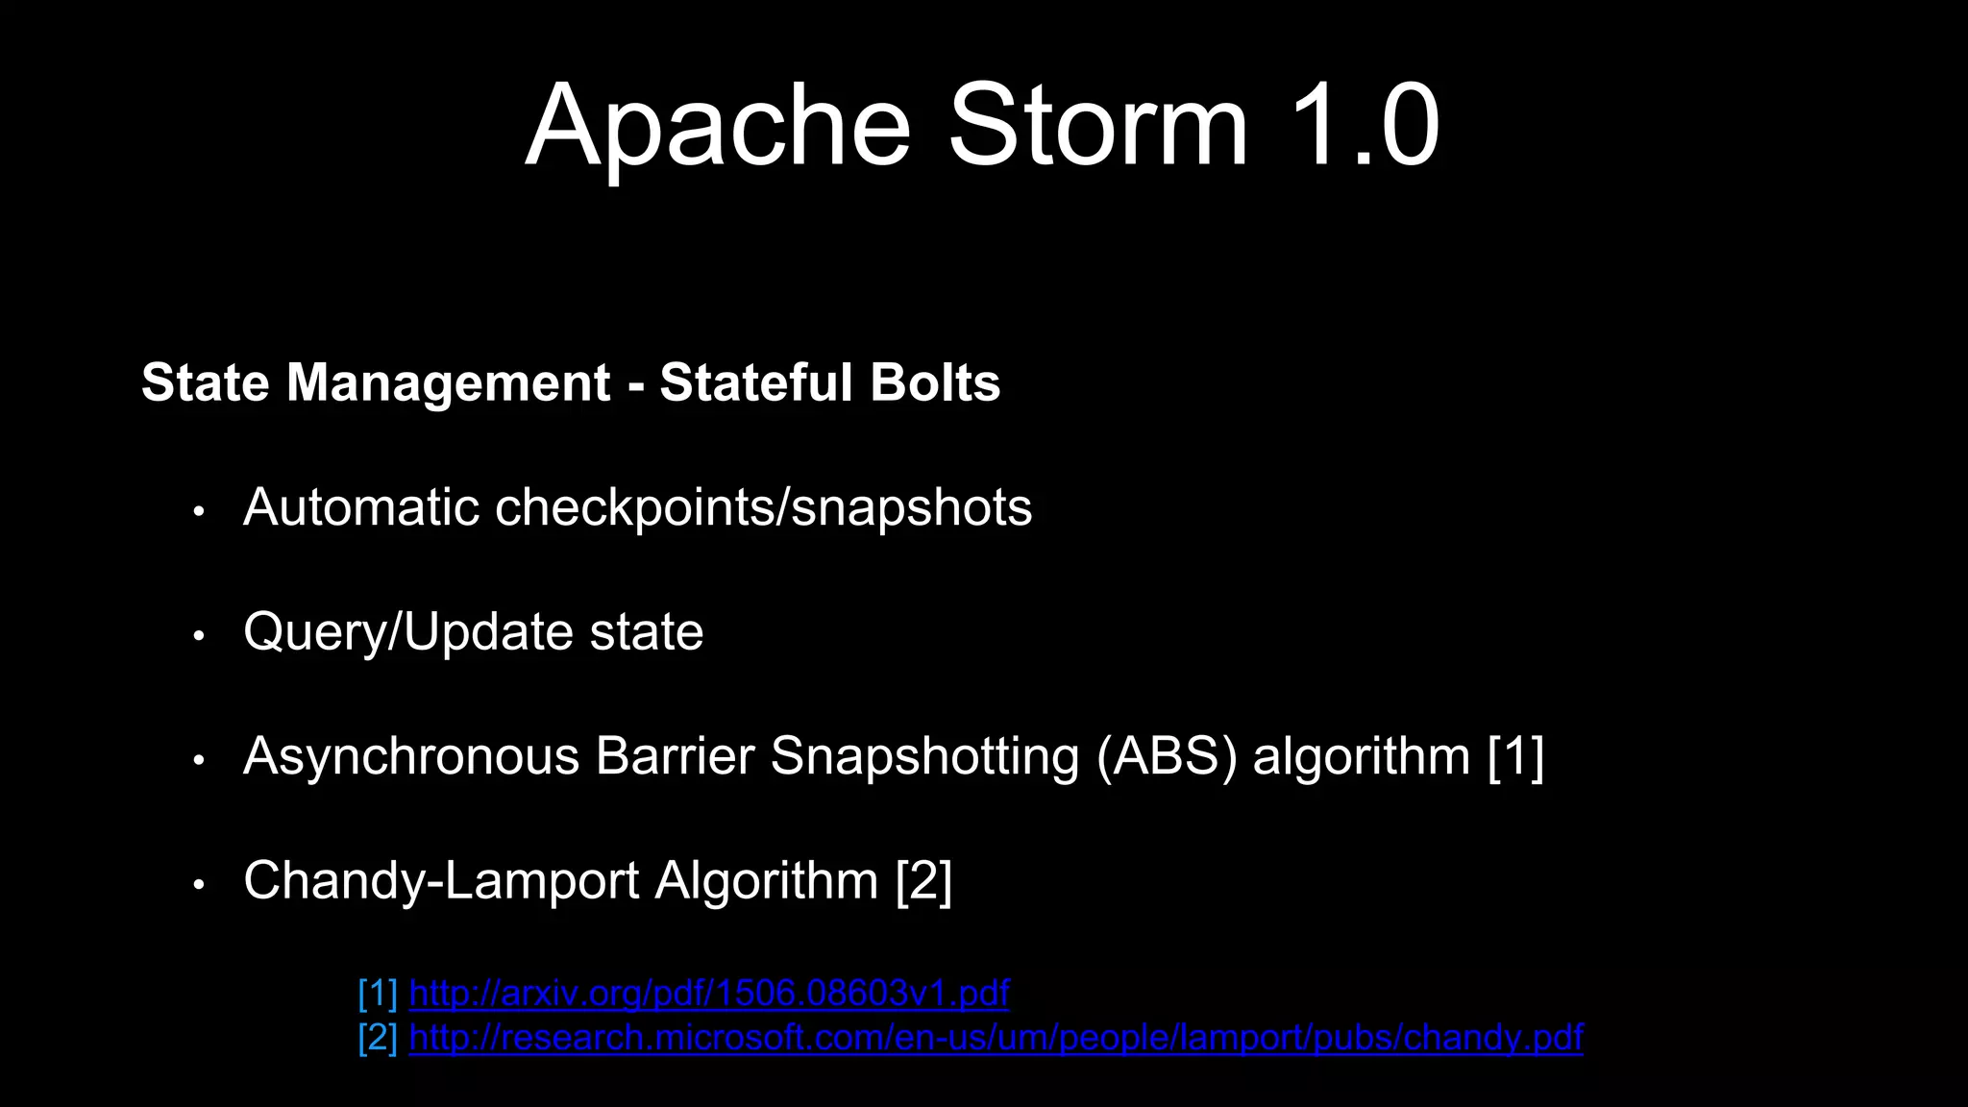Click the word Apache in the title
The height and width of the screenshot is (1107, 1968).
tap(718, 127)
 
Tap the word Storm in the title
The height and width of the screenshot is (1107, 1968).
tap(1097, 127)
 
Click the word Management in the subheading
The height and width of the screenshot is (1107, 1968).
tap(448, 382)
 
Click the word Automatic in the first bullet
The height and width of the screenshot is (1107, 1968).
tap(360, 507)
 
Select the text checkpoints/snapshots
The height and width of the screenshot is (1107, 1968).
tap(763, 509)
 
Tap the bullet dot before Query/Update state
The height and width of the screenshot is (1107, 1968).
tap(199, 636)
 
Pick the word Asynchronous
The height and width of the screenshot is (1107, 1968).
tap(411, 757)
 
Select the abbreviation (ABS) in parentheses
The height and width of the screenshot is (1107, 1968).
tap(1167, 757)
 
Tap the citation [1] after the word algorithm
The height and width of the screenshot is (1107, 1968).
tap(1515, 757)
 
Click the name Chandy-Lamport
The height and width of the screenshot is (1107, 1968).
tap(441, 881)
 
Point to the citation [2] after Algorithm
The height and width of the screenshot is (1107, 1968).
tap(923, 881)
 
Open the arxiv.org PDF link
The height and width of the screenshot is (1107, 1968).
tap(709, 994)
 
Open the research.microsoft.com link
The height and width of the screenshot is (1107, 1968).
tap(996, 1039)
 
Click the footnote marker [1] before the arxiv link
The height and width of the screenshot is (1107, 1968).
tap(378, 994)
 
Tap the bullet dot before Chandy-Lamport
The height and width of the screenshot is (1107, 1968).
tap(199, 885)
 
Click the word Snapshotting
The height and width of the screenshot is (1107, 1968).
tap(924, 757)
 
